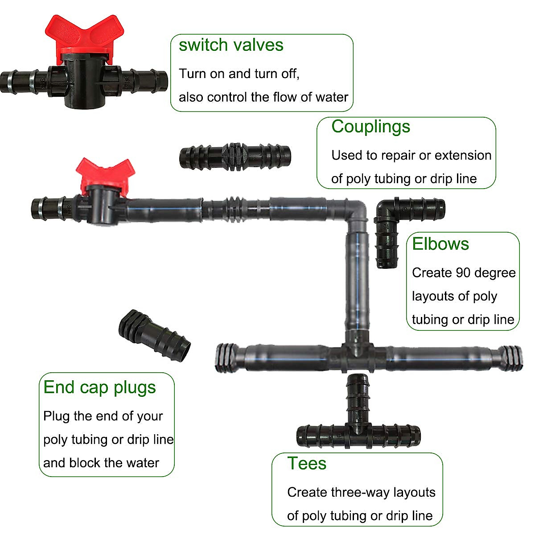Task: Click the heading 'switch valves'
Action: pyautogui.click(x=231, y=45)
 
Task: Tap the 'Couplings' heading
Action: pyautogui.click(x=370, y=126)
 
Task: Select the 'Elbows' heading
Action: pyautogui.click(x=440, y=244)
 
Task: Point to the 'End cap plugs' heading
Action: pyautogui.click(x=99, y=387)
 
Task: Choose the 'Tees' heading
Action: pyautogui.click(x=307, y=463)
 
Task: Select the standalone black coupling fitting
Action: pyautogui.click(x=235, y=157)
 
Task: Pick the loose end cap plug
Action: pyautogui.click(x=154, y=333)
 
